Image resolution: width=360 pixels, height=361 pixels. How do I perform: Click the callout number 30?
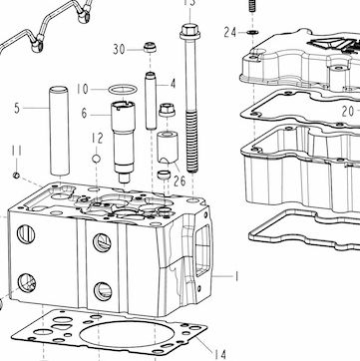(x=119, y=50)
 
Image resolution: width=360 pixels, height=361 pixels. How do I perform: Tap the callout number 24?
(x=230, y=33)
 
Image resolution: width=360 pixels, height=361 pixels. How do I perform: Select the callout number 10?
(x=83, y=89)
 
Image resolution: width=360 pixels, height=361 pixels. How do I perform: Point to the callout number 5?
(x=17, y=109)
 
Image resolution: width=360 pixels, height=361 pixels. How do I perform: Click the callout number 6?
(x=84, y=114)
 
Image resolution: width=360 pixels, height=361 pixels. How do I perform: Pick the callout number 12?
(x=98, y=138)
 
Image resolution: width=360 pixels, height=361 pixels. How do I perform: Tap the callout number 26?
(x=180, y=180)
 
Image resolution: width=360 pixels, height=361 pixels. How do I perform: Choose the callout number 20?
(x=348, y=112)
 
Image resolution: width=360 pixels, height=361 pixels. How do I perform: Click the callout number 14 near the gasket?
(x=219, y=354)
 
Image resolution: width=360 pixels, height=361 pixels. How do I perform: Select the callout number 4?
(x=173, y=84)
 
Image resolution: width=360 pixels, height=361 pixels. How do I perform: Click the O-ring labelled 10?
(x=123, y=90)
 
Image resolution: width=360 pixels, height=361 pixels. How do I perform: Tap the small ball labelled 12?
(x=97, y=159)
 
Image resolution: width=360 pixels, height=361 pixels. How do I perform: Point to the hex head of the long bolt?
(x=189, y=31)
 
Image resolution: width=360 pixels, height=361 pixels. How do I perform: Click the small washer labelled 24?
(x=252, y=32)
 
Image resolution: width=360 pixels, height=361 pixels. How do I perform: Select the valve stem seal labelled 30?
(x=150, y=47)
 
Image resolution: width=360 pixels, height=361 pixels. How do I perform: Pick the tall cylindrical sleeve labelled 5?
(x=60, y=131)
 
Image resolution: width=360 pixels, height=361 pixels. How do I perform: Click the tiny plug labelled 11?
(x=16, y=176)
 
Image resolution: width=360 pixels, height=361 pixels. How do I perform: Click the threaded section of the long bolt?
(x=191, y=143)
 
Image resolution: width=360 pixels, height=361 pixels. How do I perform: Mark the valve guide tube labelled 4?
(x=151, y=101)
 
